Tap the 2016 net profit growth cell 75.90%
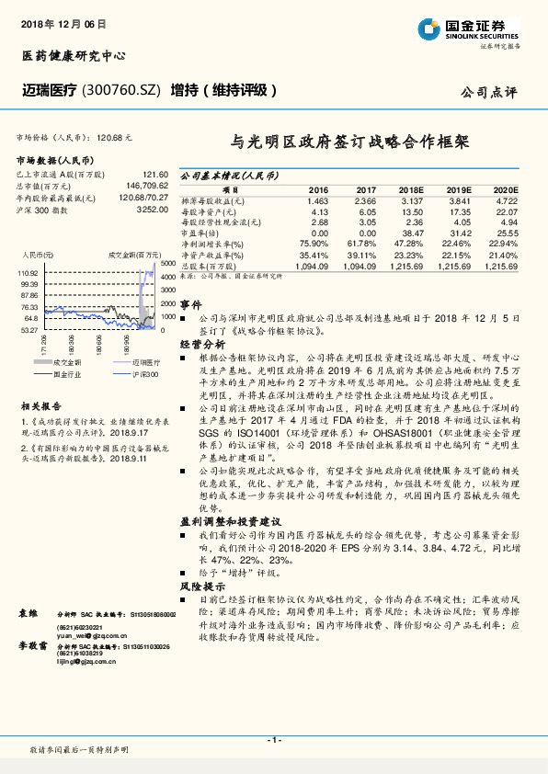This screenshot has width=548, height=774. [x=314, y=244]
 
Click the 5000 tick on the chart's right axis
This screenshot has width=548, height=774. [x=168, y=264]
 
